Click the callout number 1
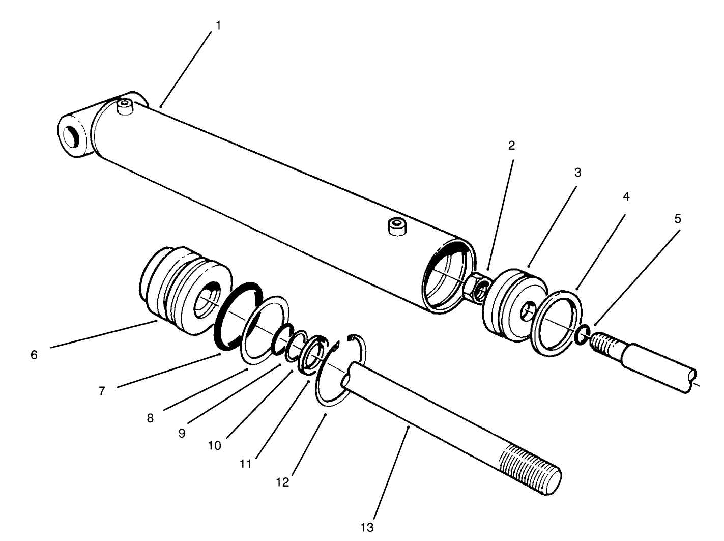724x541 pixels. point(219,25)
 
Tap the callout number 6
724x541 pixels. point(34,355)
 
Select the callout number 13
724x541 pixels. point(367,527)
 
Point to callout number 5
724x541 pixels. point(677,219)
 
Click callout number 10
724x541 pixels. point(214,445)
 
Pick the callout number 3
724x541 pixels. point(577,173)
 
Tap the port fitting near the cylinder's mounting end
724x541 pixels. point(124,107)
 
